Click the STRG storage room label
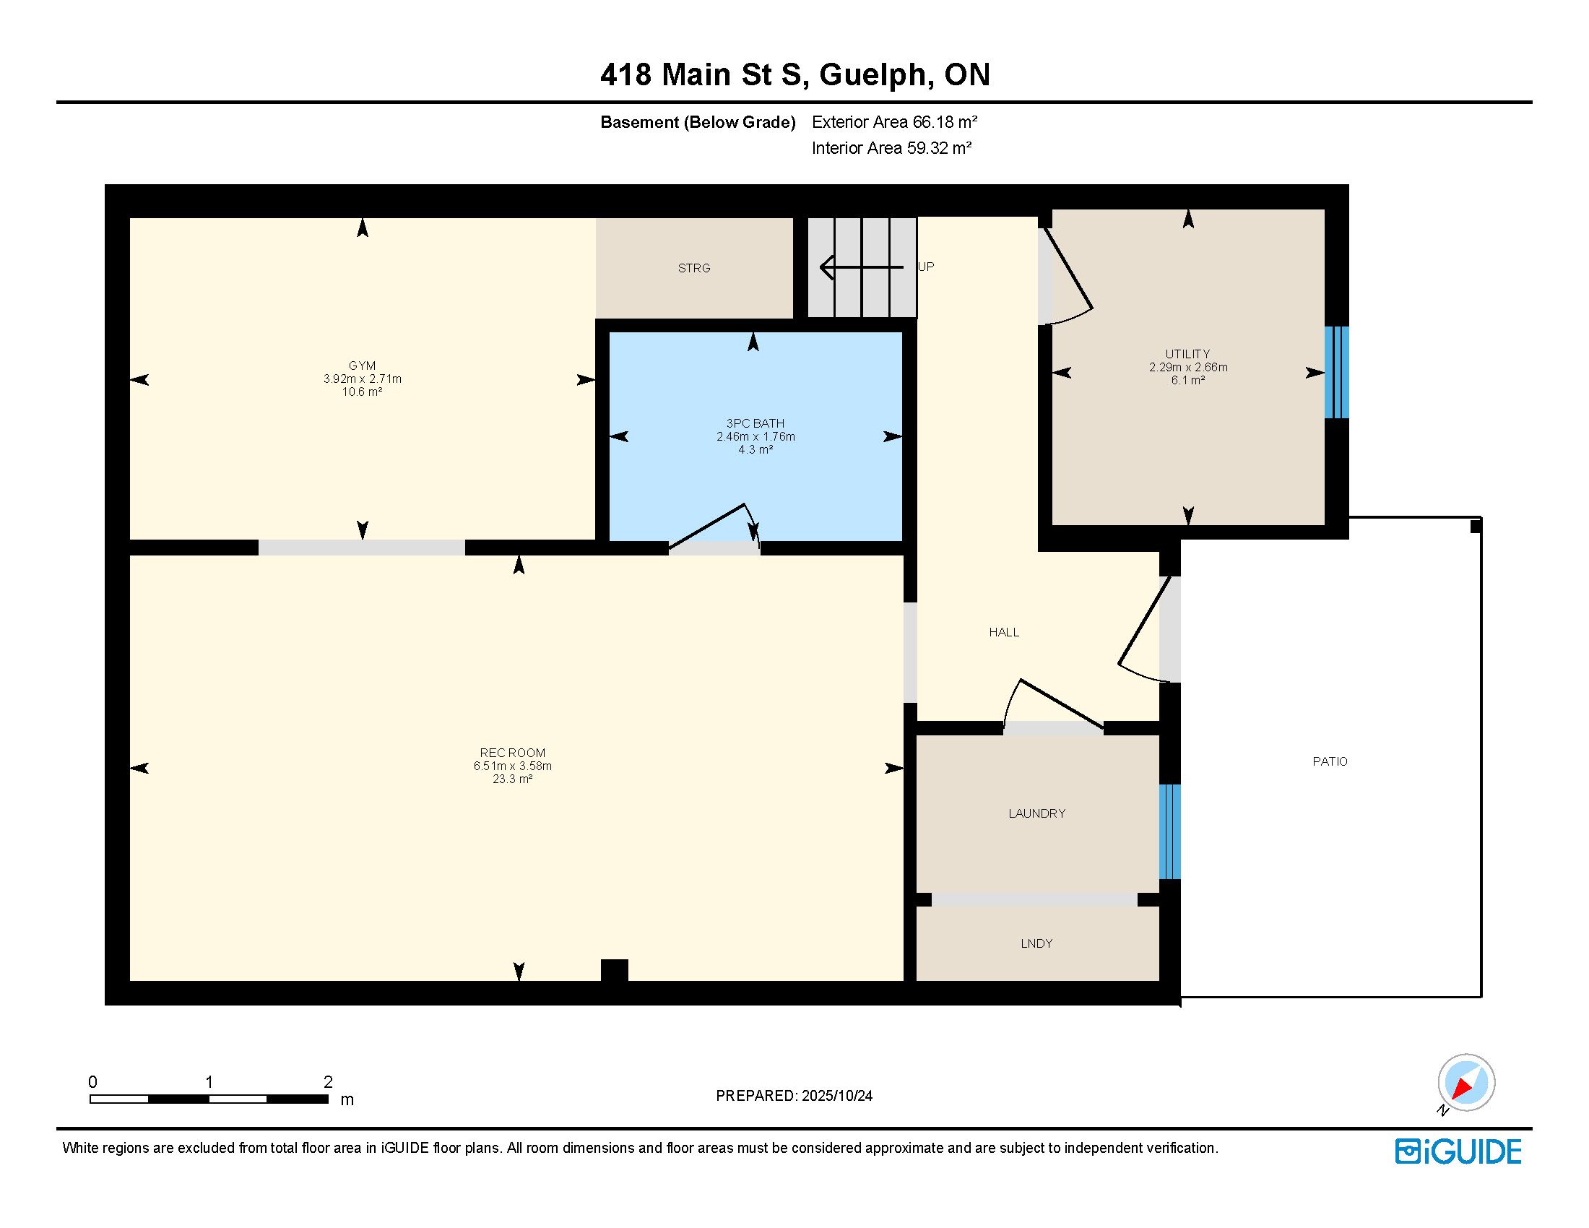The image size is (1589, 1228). [x=693, y=269]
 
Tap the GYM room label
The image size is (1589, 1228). [x=362, y=366]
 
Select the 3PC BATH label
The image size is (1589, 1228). [x=755, y=423]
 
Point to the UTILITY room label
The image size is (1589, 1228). [x=1187, y=354]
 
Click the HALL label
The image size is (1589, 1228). [x=1004, y=632]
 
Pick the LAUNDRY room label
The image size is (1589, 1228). [x=1036, y=813]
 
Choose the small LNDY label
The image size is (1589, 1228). [x=1036, y=943]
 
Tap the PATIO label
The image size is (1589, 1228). [x=1330, y=761]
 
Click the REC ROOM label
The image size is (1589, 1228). [x=512, y=753]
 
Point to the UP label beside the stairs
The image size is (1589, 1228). [x=926, y=267]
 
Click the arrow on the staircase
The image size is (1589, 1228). [x=862, y=268]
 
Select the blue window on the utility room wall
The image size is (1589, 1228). [x=1336, y=373]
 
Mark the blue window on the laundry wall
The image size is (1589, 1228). [x=1170, y=832]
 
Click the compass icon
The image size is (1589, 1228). [x=1465, y=1084]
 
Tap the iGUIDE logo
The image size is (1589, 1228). [x=1458, y=1151]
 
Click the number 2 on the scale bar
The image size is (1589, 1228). [x=328, y=1082]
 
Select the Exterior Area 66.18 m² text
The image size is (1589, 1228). [x=894, y=122]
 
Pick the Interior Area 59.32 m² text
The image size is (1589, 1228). [x=891, y=148]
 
